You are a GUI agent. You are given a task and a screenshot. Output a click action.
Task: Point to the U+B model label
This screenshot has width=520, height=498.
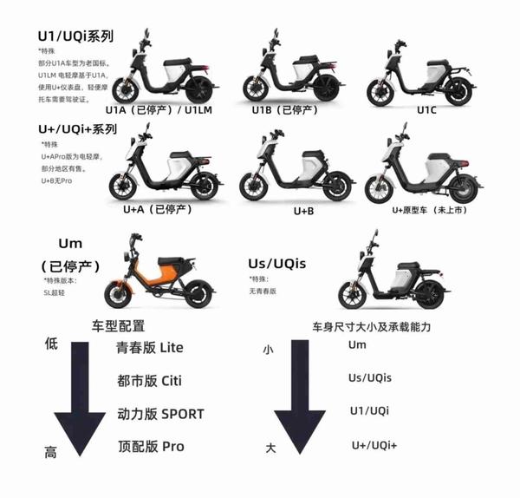[304, 211]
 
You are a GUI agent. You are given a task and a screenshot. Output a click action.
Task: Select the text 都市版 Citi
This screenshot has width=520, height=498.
[149, 381]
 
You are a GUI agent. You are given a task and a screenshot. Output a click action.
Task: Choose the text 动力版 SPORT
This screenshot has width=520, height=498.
[159, 414]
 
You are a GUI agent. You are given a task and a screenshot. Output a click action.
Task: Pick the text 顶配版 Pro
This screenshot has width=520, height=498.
[150, 447]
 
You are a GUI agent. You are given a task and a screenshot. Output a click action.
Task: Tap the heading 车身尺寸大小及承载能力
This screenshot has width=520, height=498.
[374, 328]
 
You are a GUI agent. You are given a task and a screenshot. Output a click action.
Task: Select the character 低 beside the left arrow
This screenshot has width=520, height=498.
[51, 344]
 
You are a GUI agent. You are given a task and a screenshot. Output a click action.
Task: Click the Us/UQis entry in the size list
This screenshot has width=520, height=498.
[370, 377]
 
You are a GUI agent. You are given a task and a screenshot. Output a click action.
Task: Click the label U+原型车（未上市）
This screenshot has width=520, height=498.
[425, 210]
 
